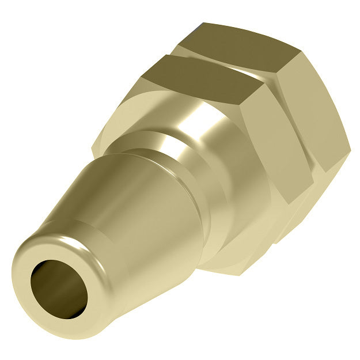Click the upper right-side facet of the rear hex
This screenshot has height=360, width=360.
[x=305, y=81]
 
